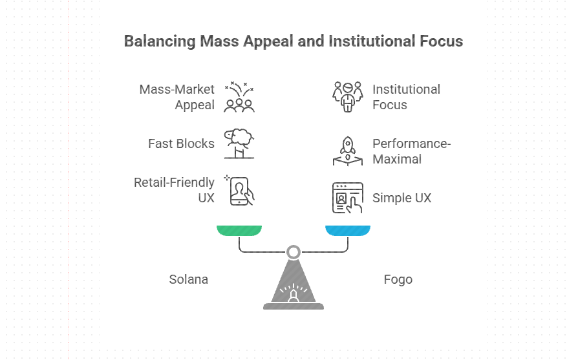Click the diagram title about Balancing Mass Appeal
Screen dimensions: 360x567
pos(293,41)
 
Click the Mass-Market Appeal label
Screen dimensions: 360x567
pos(177,97)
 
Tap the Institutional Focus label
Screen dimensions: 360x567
pos(406,97)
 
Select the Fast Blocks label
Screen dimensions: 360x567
pos(181,143)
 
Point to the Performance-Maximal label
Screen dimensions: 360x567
pos(411,151)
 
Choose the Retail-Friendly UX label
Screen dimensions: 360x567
pos(174,190)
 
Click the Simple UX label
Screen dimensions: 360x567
pos(401,198)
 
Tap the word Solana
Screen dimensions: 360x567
pos(189,280)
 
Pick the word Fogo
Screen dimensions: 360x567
pos(398,280)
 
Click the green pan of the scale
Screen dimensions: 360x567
pos(239,230)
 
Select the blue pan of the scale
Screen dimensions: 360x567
pos(348,230)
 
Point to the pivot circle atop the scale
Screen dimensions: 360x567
pos(294,251)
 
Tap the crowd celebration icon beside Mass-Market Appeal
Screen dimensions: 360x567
pos(239,97)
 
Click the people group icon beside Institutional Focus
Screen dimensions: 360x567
pos(348,97)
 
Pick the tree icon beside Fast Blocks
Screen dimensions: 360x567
pos(239,143)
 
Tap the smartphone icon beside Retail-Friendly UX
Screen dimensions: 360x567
pos(241,191)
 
